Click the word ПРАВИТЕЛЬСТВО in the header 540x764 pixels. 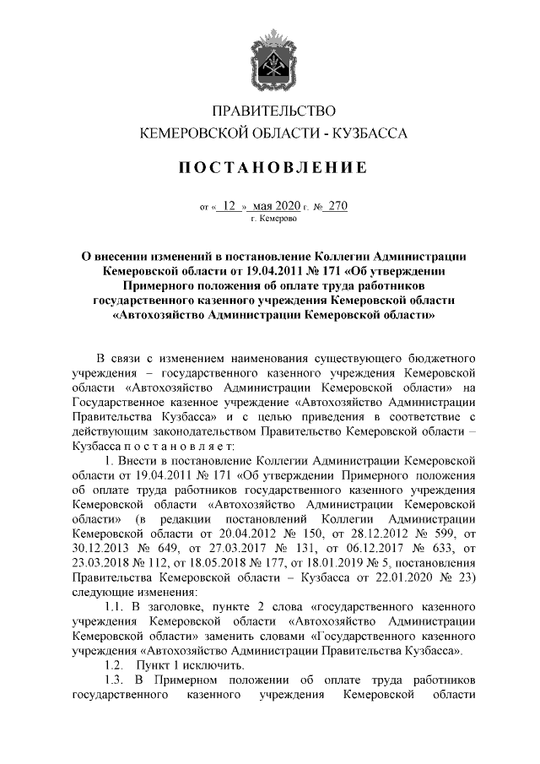pyautogui.click(x=270, y=111)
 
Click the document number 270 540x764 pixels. pyautogui.click(x=337, y=204)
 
